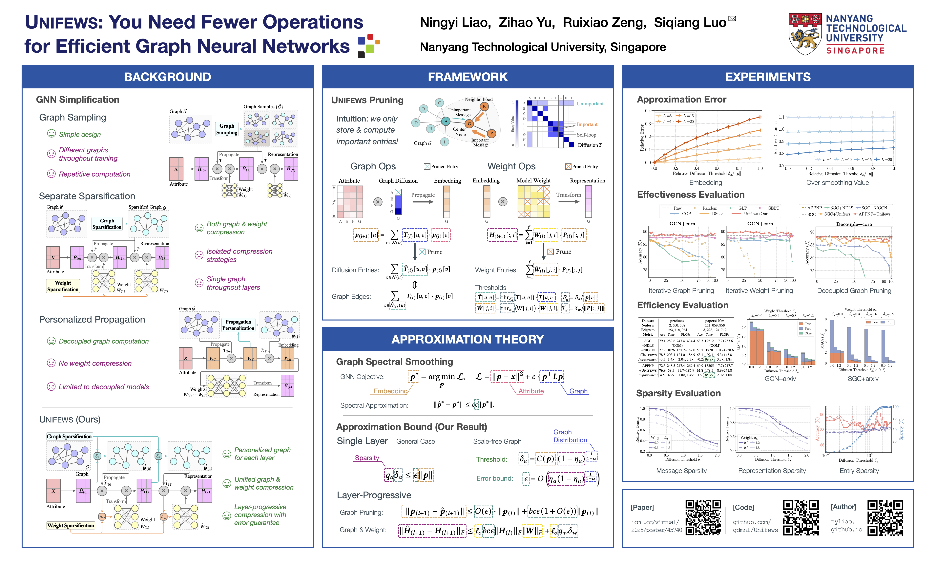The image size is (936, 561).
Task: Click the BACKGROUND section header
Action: pos(168,77)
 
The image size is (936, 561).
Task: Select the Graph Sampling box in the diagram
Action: pos(227,129)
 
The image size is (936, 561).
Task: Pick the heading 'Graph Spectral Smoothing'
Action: pos(394,362)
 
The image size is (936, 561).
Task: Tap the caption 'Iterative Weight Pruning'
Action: pos(759,291)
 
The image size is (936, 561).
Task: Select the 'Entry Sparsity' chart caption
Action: pos(859,471)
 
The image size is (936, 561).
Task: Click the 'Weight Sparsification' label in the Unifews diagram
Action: pos(71,525)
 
